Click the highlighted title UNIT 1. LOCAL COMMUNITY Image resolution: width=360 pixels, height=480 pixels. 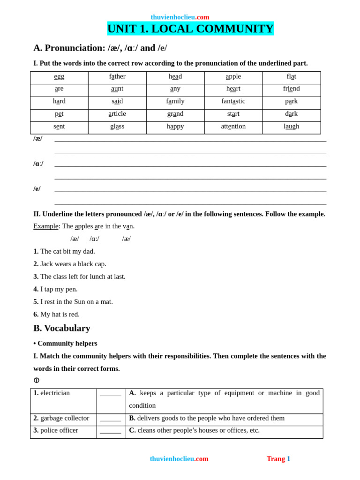point(190,29)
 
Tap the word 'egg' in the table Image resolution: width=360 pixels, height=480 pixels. point(59,76)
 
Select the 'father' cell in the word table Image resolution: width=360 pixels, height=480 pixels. point(117,76)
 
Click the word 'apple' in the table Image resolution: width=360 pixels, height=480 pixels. point(233,76)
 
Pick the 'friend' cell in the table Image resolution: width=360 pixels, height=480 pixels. point(291,89)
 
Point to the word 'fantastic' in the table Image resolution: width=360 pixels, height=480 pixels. point(233,101)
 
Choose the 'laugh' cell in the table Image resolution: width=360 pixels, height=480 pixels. point(291,127)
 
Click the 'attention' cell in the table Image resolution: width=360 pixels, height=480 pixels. point(233,127)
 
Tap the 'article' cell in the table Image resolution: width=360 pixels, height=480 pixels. point(117,114)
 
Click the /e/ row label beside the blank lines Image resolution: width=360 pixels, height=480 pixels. point(37,189)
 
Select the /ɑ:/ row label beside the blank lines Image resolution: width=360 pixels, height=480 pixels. point(38,164)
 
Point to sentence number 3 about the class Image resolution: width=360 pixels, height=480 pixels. point(80,277)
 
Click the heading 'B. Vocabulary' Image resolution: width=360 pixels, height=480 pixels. point(62,328)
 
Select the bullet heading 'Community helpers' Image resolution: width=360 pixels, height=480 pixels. point(66,343)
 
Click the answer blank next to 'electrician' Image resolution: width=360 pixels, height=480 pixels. point(111,394)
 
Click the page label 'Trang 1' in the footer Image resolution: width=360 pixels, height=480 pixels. point(278,459)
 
